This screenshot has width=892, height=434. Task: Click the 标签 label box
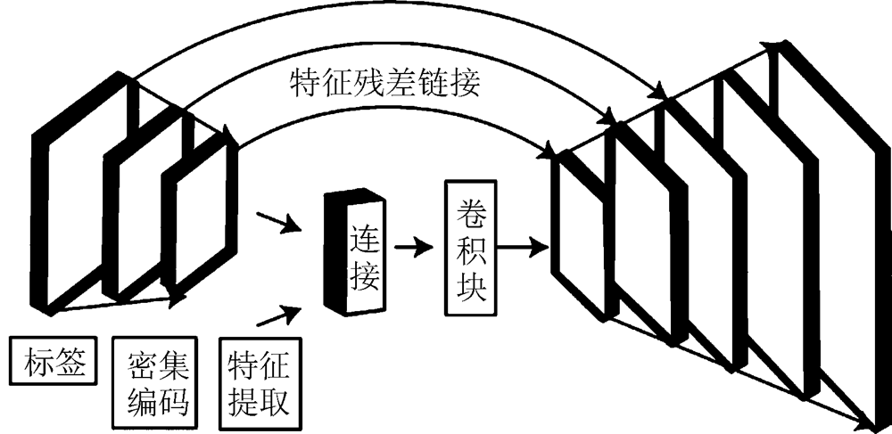point(52,363)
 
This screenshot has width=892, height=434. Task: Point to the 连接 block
point(358,254)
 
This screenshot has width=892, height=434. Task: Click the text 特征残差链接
point(387,86)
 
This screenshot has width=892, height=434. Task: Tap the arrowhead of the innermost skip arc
point(545,152)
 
